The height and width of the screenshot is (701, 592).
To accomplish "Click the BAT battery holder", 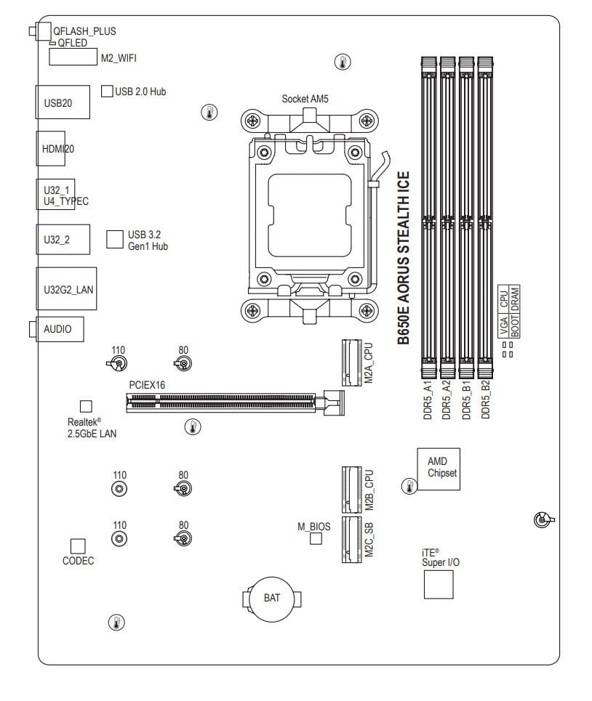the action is tap(271, 599).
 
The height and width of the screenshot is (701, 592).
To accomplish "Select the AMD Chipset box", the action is tap(439, 469).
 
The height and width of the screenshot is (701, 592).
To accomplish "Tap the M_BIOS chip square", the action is tap(316, 538).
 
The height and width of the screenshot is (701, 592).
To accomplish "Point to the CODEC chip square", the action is tap(78, 546).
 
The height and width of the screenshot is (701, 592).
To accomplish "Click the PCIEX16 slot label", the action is tap(147, 385).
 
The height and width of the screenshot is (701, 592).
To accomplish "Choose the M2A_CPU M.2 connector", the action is tap(352, 362).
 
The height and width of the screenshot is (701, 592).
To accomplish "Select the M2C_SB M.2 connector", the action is tap(352, 539).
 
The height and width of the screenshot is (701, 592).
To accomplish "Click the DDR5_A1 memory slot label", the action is tap(428, 400).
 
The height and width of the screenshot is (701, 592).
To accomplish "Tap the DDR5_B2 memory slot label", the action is tap(486, 400).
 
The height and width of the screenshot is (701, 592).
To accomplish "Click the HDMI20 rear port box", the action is tap(51, 148).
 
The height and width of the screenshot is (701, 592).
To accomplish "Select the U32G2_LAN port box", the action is tap(66, 289).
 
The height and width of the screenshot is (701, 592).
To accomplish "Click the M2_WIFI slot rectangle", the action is tap(73, 57).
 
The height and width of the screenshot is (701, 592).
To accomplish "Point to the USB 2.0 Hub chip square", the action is tap(107, 92).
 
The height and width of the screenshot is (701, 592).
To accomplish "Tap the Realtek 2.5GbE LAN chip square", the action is tap(86, 406).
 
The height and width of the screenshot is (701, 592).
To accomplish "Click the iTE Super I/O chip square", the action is tap(439, 584).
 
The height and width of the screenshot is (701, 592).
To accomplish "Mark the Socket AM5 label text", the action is tap(305, 99).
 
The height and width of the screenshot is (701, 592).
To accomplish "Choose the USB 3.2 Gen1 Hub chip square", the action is tap(115, 239).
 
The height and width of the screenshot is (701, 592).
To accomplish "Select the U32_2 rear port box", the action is tap(63, 240).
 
